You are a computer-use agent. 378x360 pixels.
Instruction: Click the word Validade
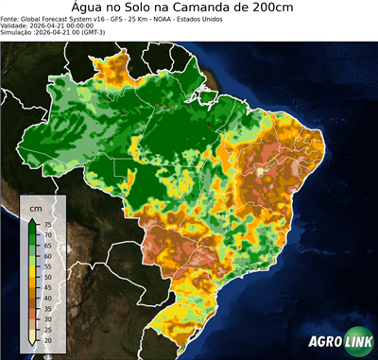16,26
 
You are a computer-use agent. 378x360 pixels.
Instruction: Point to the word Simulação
18,33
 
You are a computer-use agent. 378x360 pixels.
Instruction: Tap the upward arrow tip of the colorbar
34,217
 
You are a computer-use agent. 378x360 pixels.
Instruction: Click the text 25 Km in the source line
136,18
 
